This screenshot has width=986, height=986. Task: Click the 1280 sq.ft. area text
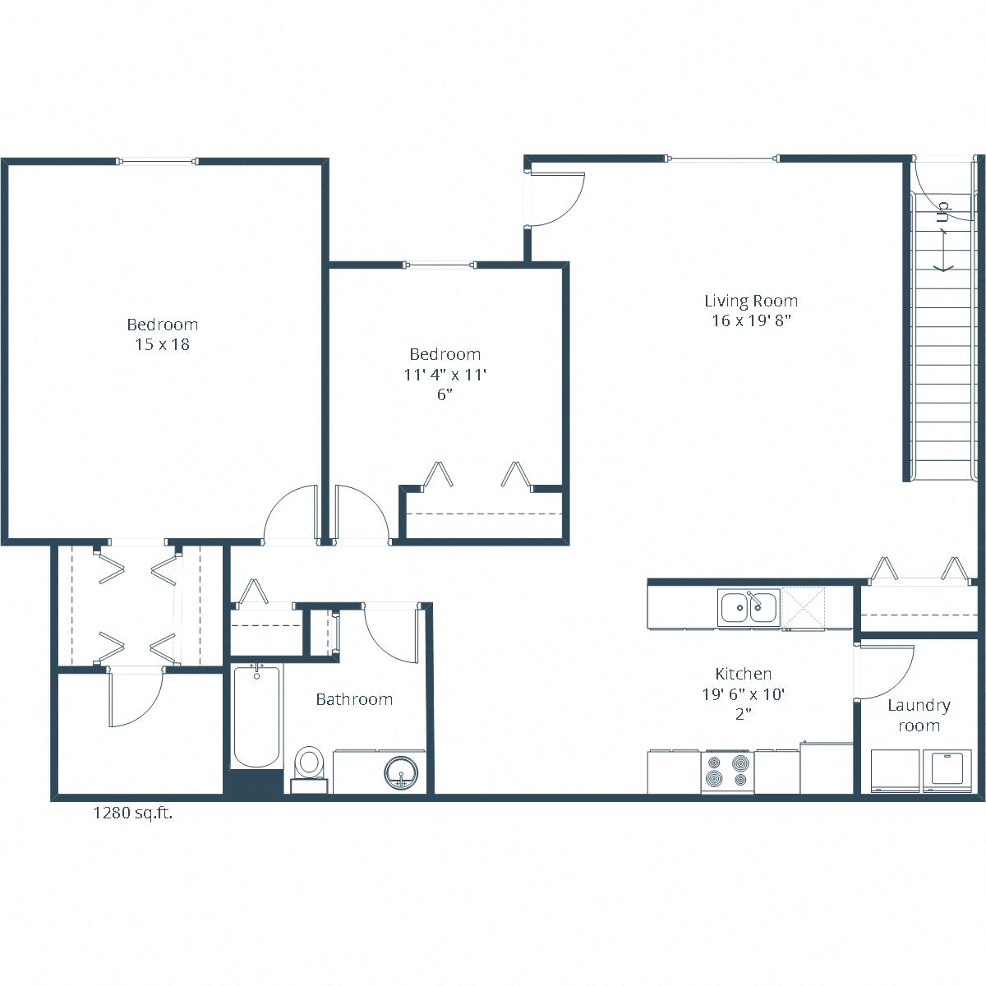click(132, 814)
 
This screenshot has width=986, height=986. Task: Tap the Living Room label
click(750, 301)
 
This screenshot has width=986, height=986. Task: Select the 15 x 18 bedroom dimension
click(162, 345)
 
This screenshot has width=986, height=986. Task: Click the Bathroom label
click(354, 699)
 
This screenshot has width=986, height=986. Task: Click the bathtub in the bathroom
click(256, 716)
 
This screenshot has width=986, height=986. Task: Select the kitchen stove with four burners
click(728, 772)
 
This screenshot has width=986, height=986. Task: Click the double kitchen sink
click(748, 608)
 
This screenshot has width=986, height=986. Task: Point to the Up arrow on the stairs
click(942, 238)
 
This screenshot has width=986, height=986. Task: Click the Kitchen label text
click(743, 674)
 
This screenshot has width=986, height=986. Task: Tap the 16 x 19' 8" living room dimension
click(750, 321)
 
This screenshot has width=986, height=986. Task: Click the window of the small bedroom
click(440, 265)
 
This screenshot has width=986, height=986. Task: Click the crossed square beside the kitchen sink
click(805, 608)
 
